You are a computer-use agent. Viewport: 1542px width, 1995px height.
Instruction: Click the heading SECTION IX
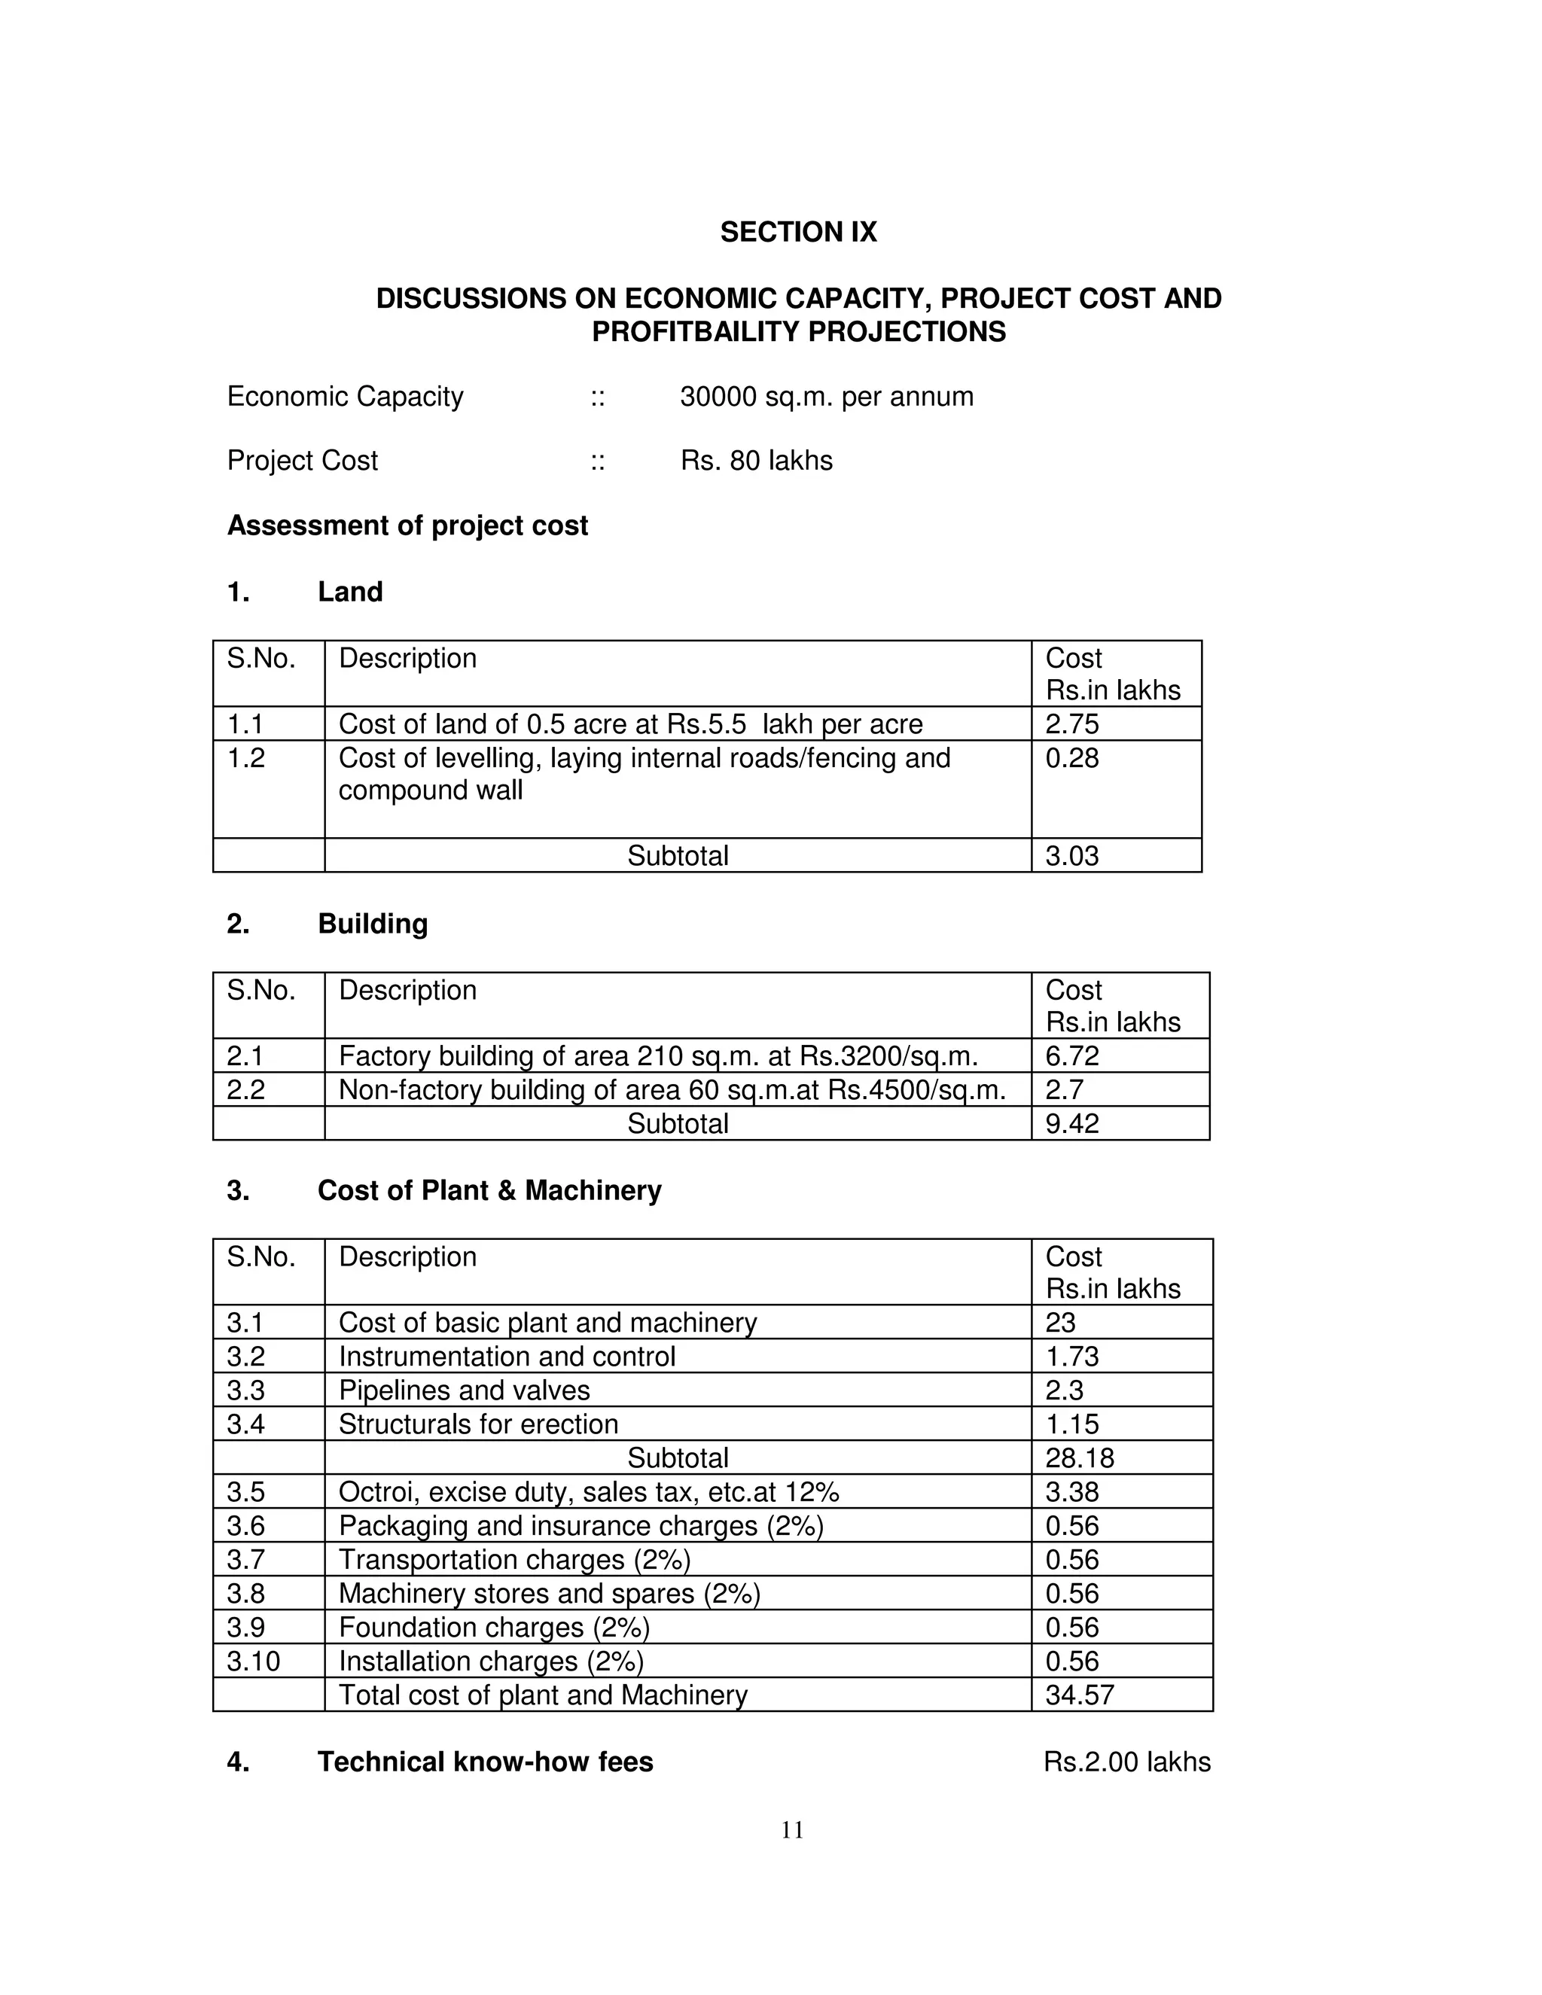coord(797,232)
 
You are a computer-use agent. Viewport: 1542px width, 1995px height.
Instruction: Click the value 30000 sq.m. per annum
coord(826,397)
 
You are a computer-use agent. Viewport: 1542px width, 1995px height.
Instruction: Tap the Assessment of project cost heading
coord(407,525)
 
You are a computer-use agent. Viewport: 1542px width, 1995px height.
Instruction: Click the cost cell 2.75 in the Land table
coord(1071,724)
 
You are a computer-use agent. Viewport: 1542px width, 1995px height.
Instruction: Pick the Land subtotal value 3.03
coord(1071,856)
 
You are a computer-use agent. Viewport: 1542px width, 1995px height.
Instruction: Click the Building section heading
coord(372,924)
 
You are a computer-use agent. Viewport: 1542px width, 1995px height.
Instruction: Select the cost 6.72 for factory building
coord(1071,1056)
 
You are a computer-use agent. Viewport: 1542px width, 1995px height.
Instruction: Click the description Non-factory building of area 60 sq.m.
coord(672,1090)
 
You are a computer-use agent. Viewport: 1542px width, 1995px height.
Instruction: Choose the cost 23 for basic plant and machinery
coord(1061,1323)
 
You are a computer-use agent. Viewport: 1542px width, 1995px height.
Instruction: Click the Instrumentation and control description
coord(506,1357)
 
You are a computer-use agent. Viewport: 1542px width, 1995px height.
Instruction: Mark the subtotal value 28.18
coord(1080,1458)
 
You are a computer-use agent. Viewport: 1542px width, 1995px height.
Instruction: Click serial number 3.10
coord(253,1661)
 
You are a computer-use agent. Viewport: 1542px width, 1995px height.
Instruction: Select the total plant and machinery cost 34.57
coord(1080,1695)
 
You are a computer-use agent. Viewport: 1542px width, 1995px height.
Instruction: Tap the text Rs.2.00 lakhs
coord(1126,1762)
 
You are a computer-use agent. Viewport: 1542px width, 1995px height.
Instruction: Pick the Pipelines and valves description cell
coord(464,1390)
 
